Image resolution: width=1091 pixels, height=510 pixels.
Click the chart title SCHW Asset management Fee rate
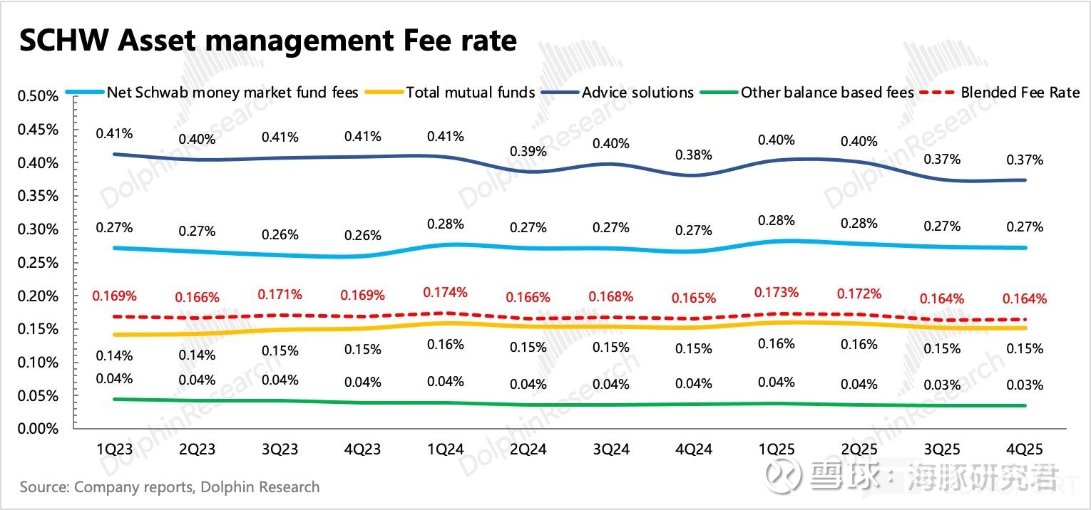click(x=267, y=41)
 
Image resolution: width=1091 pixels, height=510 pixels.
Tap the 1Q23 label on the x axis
click(x=115, y=449)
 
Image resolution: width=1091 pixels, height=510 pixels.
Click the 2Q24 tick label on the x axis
click(x=528, y=449)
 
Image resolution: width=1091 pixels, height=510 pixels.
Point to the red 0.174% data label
click(x=445, y=292)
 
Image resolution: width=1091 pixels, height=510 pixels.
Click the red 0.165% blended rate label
click(x=693, y=298)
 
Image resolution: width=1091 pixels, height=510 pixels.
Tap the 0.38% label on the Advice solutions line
click(x=694, y=155)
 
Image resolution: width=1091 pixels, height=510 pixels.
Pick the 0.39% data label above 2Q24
click(x=528, y=152)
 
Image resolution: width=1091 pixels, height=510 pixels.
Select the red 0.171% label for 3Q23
click(x=280, y=294)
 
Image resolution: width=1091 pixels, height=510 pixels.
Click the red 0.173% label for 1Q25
click(x=776, y=293)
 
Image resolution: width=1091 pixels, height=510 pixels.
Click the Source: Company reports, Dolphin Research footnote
click(x=170, y=488)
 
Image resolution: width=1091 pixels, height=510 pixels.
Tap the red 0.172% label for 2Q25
click(x=859, y=293)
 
